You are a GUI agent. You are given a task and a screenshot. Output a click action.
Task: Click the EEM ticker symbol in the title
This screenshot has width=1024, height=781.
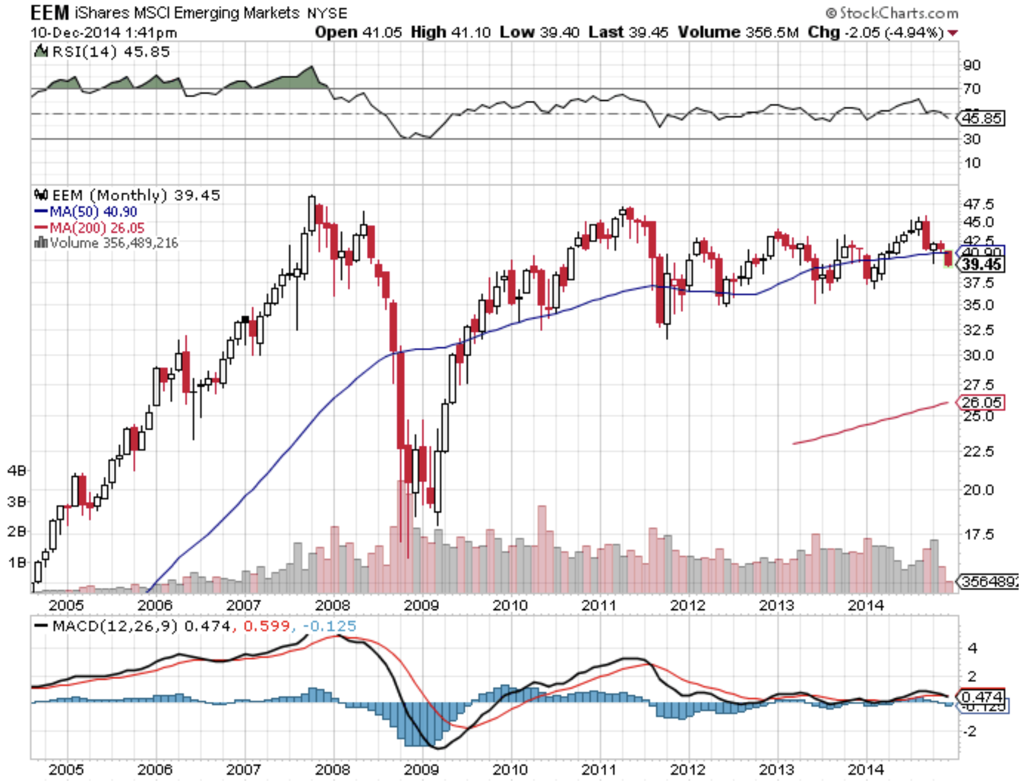tap(50, 13)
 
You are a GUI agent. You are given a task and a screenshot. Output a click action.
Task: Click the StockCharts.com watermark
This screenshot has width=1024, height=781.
tap(892, 13)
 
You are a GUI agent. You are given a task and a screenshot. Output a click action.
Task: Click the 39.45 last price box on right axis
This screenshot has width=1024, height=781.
tap(981, 265)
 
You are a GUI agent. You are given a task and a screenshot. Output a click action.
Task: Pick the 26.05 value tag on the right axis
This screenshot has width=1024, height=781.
tap(981, 402)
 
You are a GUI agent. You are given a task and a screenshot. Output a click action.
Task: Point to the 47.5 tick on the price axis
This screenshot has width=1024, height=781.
tap(978, 204)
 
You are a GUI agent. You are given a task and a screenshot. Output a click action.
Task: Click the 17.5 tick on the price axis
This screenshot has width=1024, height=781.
tap(978, 534)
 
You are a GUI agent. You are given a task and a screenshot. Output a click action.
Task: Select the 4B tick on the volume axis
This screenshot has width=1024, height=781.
tap(17, 471)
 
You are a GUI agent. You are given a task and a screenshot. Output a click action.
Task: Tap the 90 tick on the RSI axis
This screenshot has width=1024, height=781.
tap(972, 65)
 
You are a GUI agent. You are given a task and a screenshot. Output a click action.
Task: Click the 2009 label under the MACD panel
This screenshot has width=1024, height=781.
tap(421, 769)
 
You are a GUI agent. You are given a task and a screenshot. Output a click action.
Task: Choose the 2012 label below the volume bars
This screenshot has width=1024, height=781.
tap(687, 605)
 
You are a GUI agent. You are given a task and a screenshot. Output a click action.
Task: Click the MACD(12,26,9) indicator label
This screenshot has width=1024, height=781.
tap(115, 626)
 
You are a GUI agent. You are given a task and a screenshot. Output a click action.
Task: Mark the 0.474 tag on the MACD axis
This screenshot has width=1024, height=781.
tap(981, 697)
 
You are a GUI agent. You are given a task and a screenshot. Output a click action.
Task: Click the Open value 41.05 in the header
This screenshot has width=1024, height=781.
tap(381, 32)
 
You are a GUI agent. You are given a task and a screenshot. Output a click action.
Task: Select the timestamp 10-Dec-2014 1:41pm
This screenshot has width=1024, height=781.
tap(104, 32)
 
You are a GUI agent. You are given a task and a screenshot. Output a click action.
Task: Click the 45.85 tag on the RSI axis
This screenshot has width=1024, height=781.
tap(981, 118)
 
